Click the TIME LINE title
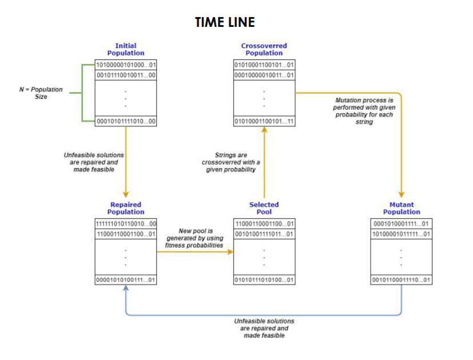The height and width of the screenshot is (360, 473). [225, 22]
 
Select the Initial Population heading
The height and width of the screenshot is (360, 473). [126, 49]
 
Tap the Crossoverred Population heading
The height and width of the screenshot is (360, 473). [264, 49]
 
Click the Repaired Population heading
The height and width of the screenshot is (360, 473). [126, 208]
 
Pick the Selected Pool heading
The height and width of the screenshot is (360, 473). [264, 208]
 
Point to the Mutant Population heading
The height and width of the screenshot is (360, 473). [402, 208]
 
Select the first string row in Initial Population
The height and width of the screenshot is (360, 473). [126, 65]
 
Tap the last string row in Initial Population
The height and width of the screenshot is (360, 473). [126, 121]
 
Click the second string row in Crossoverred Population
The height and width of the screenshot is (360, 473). [264, 75]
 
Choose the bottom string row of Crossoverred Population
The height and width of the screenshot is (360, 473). [264, 121]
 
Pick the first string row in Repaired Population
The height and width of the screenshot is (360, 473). [126, 223]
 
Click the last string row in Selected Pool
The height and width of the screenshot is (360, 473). [264, 280]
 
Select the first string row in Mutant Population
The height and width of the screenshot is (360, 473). [402, 223]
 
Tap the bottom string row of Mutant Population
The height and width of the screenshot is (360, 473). [402, 280]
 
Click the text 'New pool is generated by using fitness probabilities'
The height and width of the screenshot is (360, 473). [194, 238]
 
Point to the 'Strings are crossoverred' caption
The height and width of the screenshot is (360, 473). [230, 162]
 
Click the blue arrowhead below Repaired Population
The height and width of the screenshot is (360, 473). [126, 289]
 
